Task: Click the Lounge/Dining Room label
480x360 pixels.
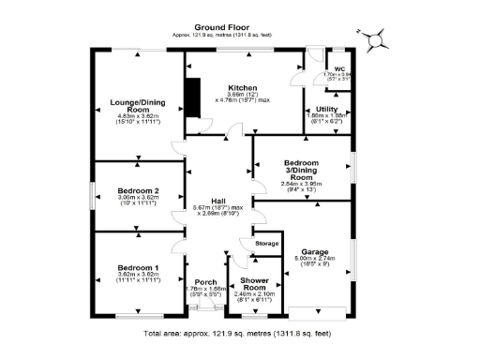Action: [139, 105]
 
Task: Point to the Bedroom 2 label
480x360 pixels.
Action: [138, 191]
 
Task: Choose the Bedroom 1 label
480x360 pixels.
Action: [137, 268]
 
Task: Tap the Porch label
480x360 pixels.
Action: [204, 282]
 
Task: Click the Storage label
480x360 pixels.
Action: [268, 244]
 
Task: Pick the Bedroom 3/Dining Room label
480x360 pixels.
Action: [301, 170]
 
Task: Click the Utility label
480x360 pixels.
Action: [314, 110]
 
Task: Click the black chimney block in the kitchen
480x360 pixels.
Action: [194, 99]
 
